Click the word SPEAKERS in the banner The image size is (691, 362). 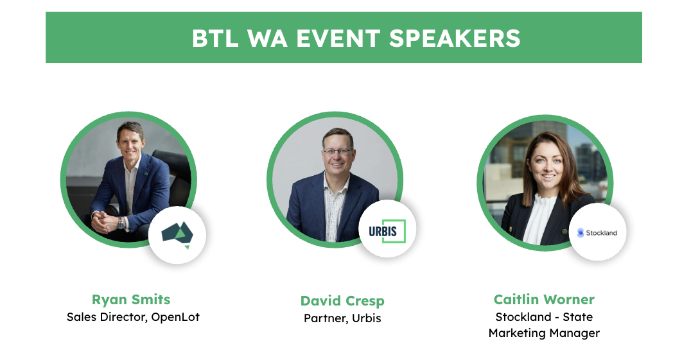[455, 39]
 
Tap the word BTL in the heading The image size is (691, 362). [215, 39]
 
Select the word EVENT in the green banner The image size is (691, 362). [338, 39]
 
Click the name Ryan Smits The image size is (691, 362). [131, 300]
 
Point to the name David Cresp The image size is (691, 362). [342, 301]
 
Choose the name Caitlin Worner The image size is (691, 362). [544, 300]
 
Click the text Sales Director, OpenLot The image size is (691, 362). [133, 317]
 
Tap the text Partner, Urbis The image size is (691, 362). [342, 318]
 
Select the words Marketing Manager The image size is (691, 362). [544, 333]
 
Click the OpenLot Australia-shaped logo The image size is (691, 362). [178, 234]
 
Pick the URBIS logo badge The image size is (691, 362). [387, 229]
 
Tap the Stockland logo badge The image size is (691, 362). [598, 232]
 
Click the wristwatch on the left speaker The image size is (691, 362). [121, 223]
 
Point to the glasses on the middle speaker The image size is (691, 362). [338, 152]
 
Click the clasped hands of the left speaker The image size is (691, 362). [104, 221]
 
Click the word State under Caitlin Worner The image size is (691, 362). [577, 317]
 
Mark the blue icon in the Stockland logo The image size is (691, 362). [581, 232]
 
